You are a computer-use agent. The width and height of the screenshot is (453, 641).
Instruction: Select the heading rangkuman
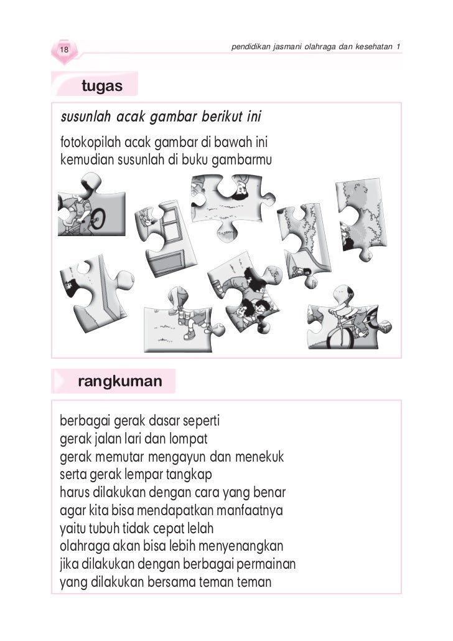tap(119, 381)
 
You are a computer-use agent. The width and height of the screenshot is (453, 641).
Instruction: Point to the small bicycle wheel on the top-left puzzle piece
tap(96, 218)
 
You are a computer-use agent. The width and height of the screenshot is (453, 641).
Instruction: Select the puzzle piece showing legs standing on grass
tap(180, 321)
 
